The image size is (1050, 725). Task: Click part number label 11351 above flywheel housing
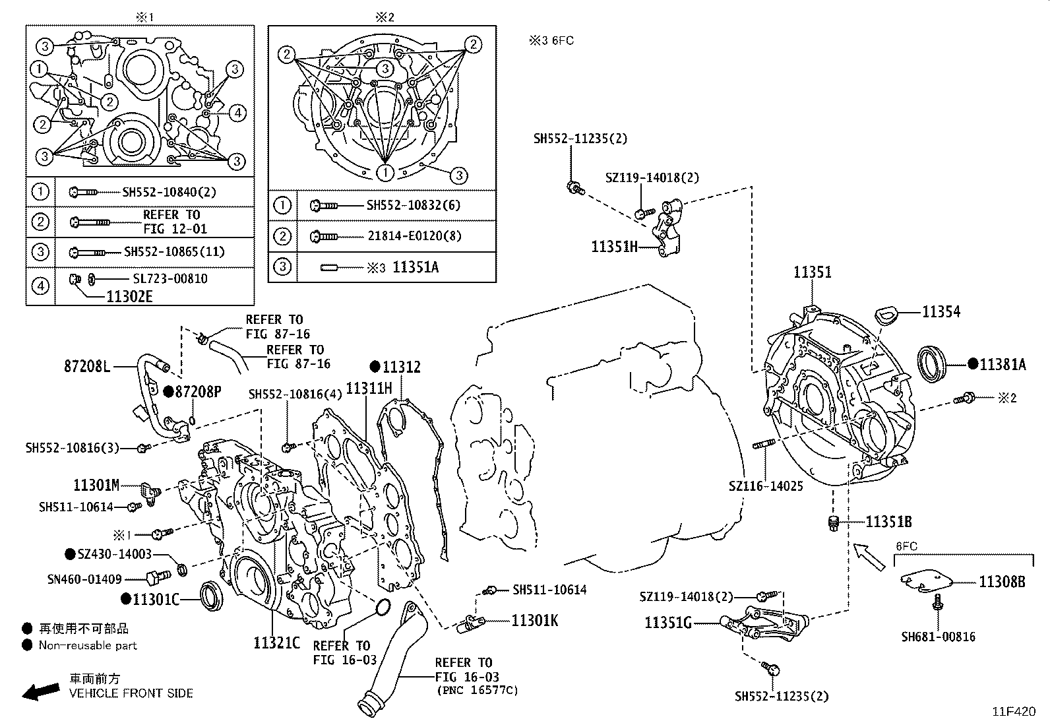812,272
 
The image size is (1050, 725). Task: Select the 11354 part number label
941,312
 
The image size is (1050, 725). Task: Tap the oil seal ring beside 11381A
933,363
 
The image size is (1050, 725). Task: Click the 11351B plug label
888,522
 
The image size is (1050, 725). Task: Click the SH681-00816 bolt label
938,637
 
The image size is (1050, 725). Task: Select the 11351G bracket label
667,622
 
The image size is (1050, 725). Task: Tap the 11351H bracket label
615,247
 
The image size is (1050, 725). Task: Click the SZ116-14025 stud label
766,486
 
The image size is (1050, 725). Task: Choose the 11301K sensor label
534,621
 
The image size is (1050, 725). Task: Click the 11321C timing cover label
276,642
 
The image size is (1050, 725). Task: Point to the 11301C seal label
156,598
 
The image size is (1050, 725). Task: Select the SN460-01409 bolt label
84,579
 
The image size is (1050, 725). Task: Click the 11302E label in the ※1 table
129,297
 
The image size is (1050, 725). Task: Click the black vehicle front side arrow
39,691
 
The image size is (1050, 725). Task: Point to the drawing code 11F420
1015,712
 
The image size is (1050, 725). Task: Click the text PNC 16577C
477,691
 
